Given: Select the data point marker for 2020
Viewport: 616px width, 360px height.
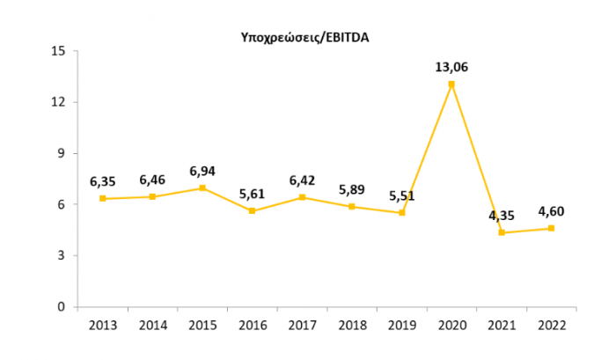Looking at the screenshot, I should tap(451, 84).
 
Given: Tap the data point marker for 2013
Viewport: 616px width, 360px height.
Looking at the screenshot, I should tap(102, 199).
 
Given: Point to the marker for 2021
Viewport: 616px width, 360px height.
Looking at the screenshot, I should tap(502, 232).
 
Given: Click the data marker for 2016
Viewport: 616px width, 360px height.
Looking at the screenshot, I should tap(252, 211).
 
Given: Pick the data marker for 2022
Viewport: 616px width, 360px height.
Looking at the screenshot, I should tap(551, 228).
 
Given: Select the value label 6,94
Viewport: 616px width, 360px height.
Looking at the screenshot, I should tap(202, 169).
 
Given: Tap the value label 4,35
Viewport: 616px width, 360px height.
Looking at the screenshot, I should tap(501, 214).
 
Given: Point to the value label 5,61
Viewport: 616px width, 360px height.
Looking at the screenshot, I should tap(252, 193).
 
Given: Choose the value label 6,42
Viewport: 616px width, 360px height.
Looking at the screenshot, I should tap(302, 180).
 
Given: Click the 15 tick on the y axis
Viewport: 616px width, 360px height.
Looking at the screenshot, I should tap(58, 51).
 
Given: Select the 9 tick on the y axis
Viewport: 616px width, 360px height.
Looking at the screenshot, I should tap(62, 153).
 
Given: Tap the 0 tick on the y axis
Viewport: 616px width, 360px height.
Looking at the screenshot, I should tap(62, 307).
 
